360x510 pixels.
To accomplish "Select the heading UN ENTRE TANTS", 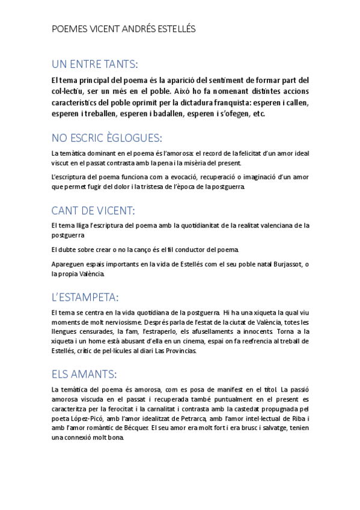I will click(94, 64).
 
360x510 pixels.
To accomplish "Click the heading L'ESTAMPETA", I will click(85, 298).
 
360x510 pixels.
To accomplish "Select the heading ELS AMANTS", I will click(84, 374).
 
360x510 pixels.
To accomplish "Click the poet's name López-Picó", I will click(81, 418).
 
